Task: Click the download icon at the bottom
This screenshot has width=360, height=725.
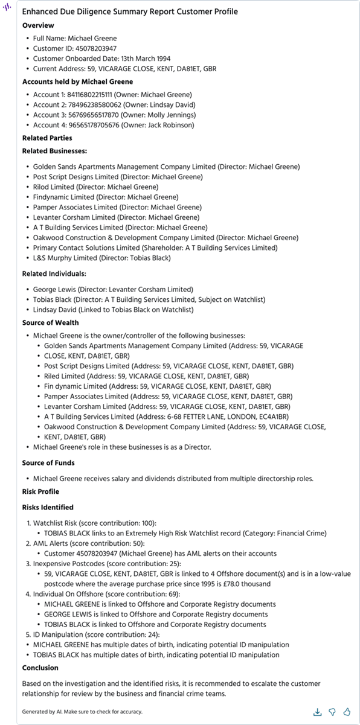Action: (318, 712)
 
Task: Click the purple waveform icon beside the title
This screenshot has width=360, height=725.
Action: (8, 10)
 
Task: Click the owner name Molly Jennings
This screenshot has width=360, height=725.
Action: (170, 115)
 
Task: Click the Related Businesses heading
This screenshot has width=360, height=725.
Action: (54, 151)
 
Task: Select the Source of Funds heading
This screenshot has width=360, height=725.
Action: (48, 463)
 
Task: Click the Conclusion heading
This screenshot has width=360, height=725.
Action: (40, 668)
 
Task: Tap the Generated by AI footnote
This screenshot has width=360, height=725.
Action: (82, 712)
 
